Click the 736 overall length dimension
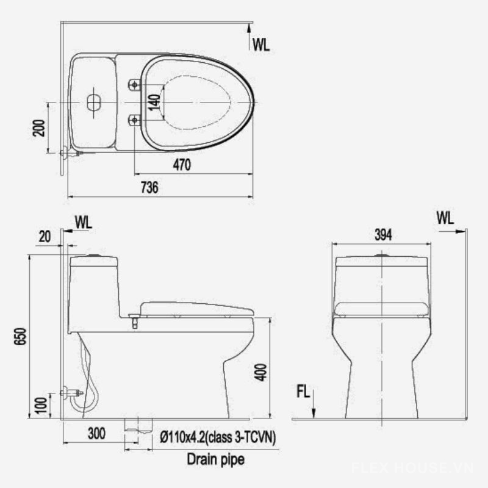click(x=149, y=187)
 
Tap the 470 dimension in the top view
click(x=182, y=165)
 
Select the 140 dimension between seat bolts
click(x=154, y=102)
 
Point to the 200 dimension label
click(x=39, y=128)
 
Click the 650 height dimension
click(x=21, y=336)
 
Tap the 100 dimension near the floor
click(x=41, y=405)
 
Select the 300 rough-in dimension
click(x=96, y=433)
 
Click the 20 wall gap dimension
click(x=45, y=237)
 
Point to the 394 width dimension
click(x=383, y=235)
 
